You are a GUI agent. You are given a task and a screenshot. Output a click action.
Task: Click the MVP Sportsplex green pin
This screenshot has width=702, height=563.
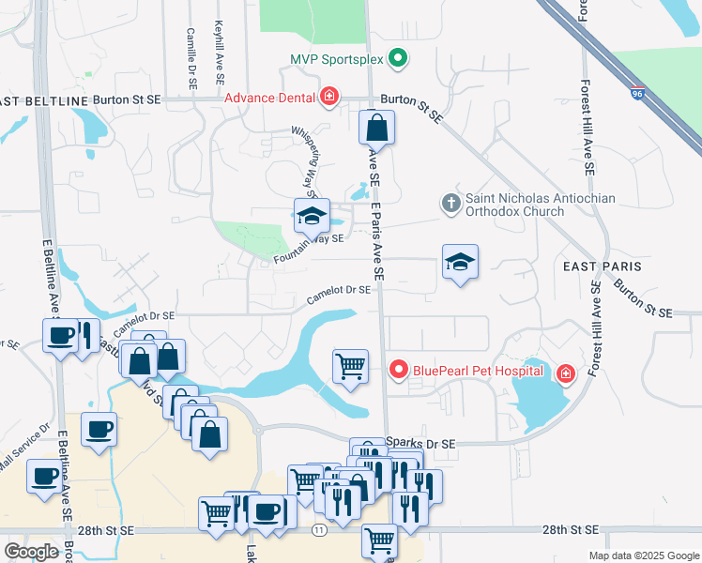click(x=398, y=59)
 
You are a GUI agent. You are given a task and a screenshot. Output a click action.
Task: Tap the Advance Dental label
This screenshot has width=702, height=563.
click(x=268, y=98)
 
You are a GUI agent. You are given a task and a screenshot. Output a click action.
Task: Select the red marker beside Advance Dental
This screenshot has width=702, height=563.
click(x=329, y=98)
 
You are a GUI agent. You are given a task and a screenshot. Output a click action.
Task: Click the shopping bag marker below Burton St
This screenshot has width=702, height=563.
click(x=376, y=127)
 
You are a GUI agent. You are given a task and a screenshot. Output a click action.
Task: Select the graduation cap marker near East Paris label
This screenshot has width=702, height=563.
click(x=461, y=262)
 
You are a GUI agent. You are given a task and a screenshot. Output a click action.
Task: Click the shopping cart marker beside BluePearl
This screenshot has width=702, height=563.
click(x=351, y=365)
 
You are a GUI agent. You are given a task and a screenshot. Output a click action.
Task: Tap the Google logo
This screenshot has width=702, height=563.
click(x=31, y=552)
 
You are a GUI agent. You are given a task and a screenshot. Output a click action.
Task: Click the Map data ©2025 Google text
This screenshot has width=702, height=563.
click(x=643, y=555)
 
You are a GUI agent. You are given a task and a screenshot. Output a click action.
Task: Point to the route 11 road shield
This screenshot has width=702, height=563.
click(x=320, y=530)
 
